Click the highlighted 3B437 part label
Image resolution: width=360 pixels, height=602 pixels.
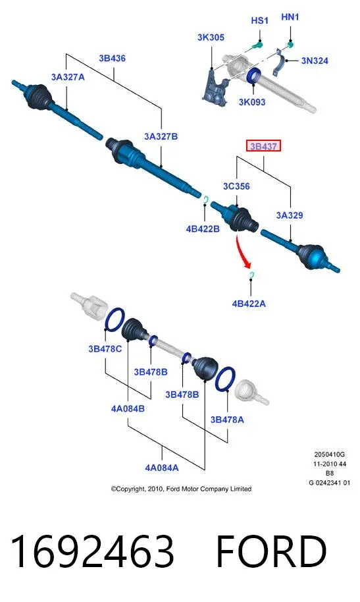click(263, 146)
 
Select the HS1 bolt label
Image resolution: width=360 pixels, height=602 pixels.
click(259, 20)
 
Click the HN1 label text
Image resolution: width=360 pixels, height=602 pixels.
click(290, 17)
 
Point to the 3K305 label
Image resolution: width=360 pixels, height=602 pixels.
click(211, 38)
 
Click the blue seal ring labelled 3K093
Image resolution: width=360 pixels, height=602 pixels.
click(253, 75)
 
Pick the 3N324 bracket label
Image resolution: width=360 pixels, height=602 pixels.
click(315, 61)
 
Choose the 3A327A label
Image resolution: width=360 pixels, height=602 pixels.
click(68, 77)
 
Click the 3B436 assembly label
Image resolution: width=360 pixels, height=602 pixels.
click(112, 59)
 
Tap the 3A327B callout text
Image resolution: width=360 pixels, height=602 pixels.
click(161, 136)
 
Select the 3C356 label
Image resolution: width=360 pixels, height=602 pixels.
click(236, 186)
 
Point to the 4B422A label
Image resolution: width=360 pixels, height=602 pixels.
click(249, 304)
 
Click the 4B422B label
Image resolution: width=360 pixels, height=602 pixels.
click(203, 229)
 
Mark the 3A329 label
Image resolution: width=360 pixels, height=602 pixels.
click(290, 215)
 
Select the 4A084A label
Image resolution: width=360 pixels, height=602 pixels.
click(162, 468)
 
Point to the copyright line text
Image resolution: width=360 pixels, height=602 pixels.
click(181, 489)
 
